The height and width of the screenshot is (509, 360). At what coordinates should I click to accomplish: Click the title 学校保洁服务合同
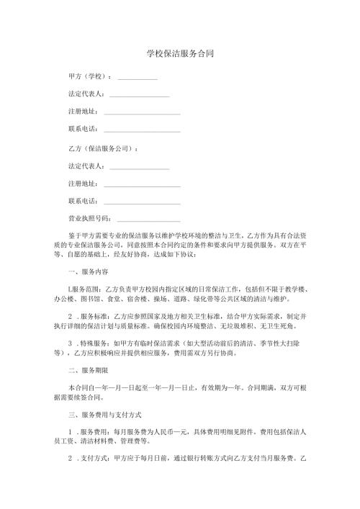click(179, 53)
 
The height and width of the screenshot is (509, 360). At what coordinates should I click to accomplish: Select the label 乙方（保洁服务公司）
click(102, 148)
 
